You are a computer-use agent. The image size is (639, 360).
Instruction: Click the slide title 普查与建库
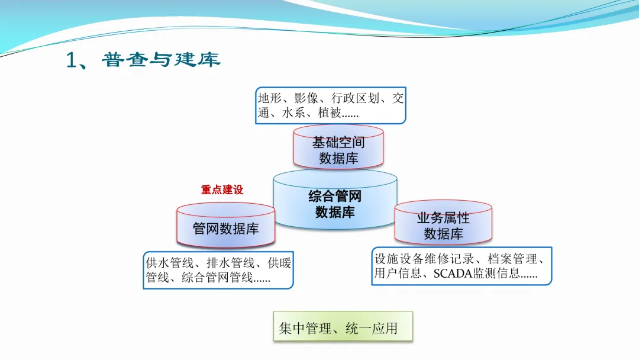[160, 60]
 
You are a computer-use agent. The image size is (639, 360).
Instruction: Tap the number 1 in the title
[72, 60]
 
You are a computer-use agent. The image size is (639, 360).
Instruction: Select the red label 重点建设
[222, 190]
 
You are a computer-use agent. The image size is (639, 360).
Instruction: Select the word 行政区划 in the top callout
[354, 98]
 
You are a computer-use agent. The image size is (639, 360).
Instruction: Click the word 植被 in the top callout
[329, 112]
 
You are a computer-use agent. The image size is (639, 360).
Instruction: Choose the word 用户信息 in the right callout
[398, 274]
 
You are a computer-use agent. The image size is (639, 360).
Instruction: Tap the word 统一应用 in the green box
[372, 328]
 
